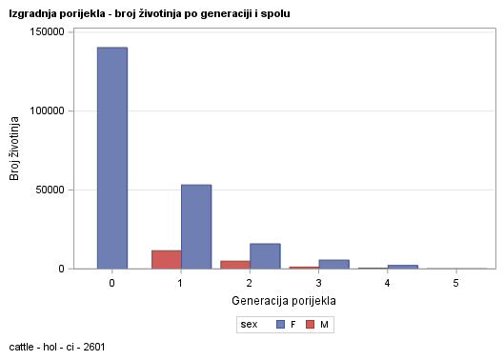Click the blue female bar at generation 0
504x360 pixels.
coord(112,158)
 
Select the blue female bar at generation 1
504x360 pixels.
coord(196,227)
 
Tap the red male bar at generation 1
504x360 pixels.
coord(166,259)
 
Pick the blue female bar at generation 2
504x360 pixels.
coord(265,256)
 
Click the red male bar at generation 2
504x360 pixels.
coord(234,265)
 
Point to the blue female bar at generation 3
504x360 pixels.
coord(333,264)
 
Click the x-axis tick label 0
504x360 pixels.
coord(112,284)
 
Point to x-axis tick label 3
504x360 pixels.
coord(318,284)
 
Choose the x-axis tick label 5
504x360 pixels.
coord(455,284)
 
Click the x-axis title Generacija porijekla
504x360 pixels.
coord(284,301)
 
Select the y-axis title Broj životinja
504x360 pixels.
coord(15,150)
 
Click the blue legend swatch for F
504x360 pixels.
coord(280,325)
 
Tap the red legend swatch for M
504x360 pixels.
coord(311,325)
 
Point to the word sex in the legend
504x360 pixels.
coord(250,325)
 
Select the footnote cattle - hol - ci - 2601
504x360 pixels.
coord(56,347)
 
